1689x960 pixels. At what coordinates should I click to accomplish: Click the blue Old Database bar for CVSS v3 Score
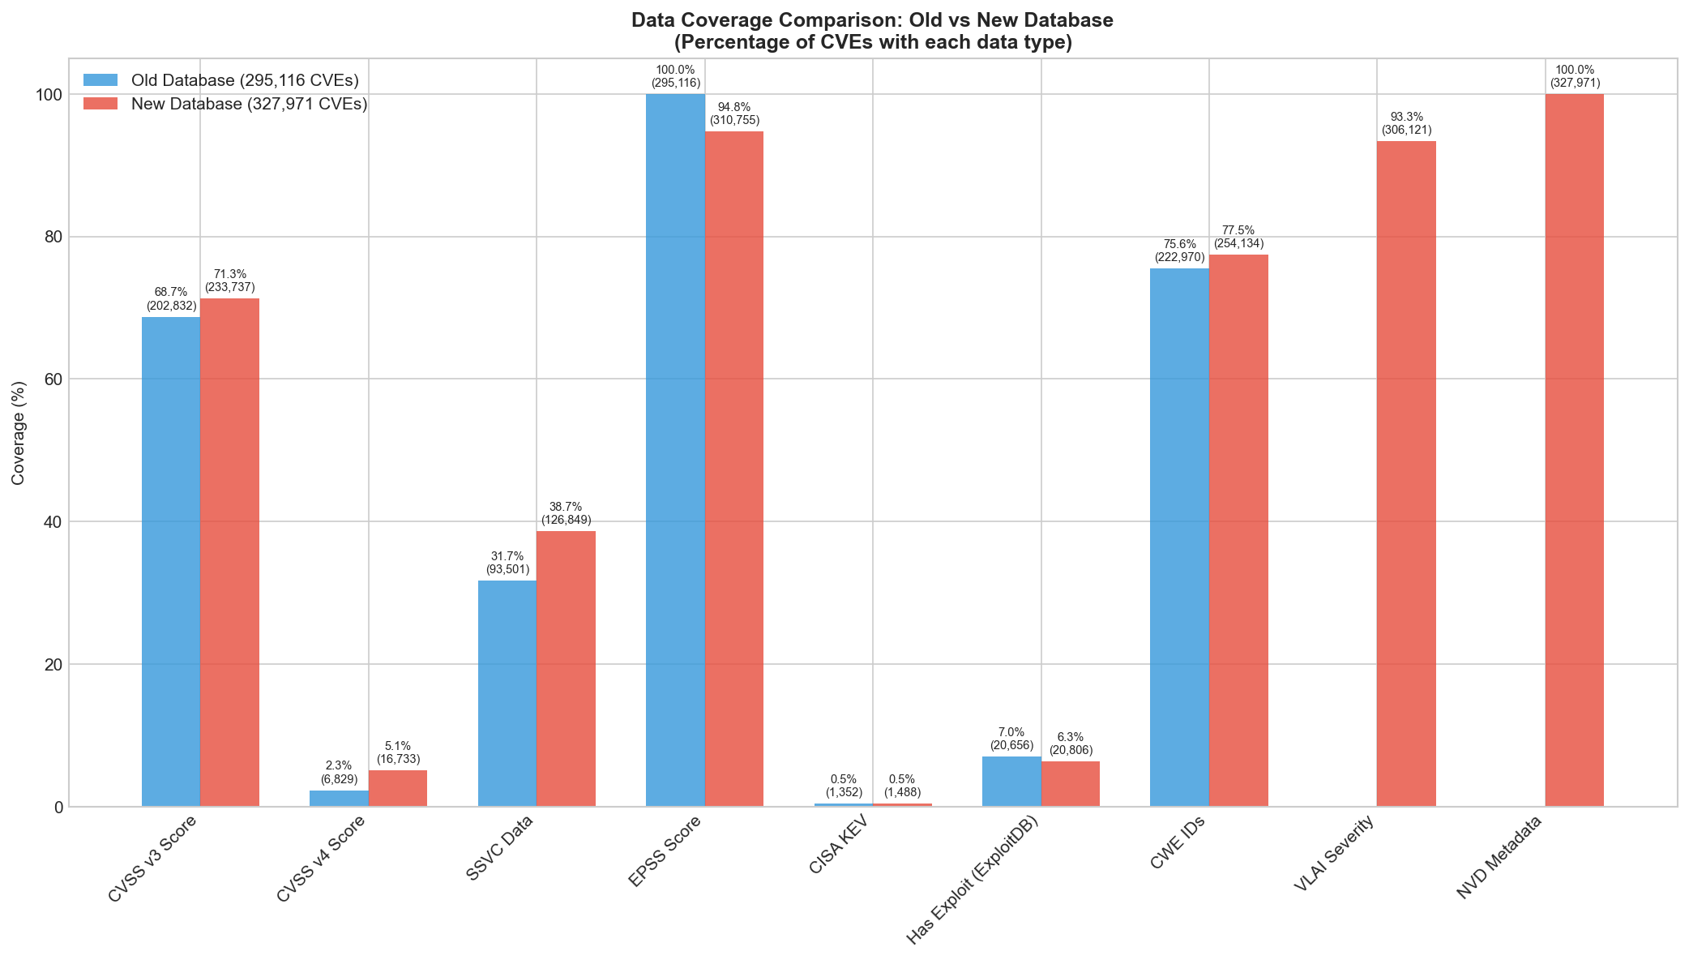click(x=171, y=561)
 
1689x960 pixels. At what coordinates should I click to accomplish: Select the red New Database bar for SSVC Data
click(x=566, y=668)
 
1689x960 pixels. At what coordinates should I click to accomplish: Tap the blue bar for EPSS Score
click(x=675, y=450)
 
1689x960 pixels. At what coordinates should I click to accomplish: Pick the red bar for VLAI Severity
click(x=1406, y=474)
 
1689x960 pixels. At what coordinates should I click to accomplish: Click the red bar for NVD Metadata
click(x=1574, y=450)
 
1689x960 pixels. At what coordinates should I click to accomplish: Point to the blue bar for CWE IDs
click(x=1179, y=537)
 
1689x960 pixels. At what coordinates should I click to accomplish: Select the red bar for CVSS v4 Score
click(x=398, y=788)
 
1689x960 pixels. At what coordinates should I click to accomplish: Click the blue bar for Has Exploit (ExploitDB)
click(x=1011, y=782)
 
